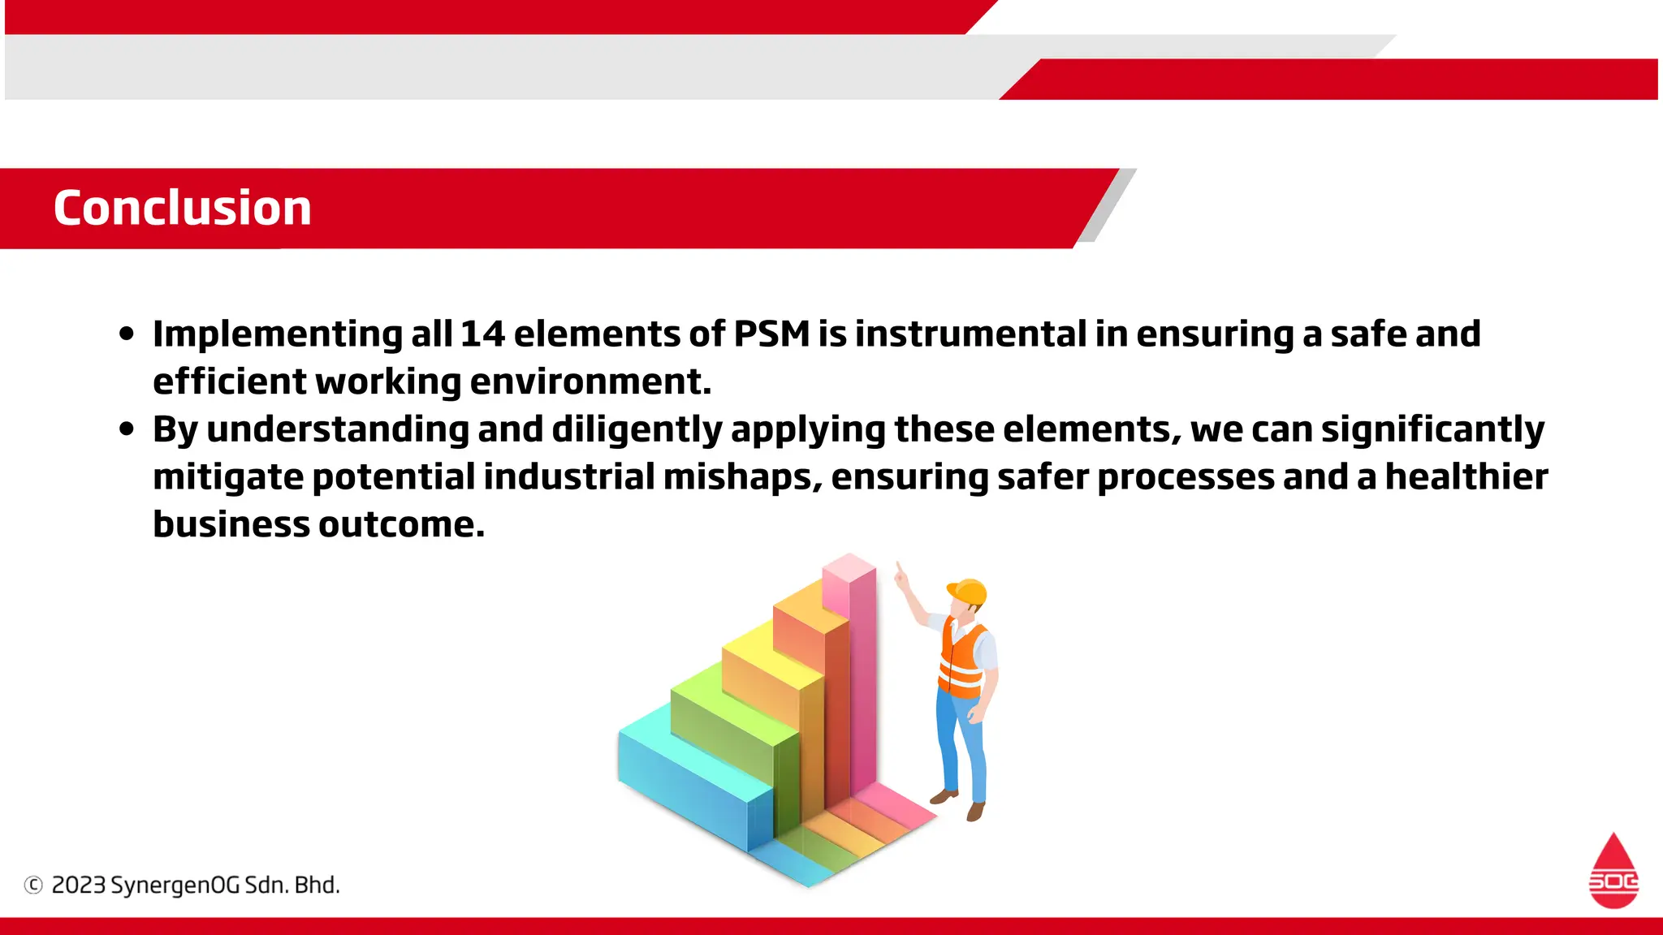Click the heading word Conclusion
pos(183,208)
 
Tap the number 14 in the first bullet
pos(482,334)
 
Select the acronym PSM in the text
pos(771,334)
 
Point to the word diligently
pos(637,430)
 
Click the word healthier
pos(1466,477)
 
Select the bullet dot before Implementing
pos(126,334)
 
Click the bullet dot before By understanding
pos(126,429)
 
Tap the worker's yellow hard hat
pos(968,592)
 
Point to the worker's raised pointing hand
pos(901,577)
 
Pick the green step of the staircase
pos(731,714)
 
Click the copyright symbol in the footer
pos(33,885)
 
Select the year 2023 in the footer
pos(79,885)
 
